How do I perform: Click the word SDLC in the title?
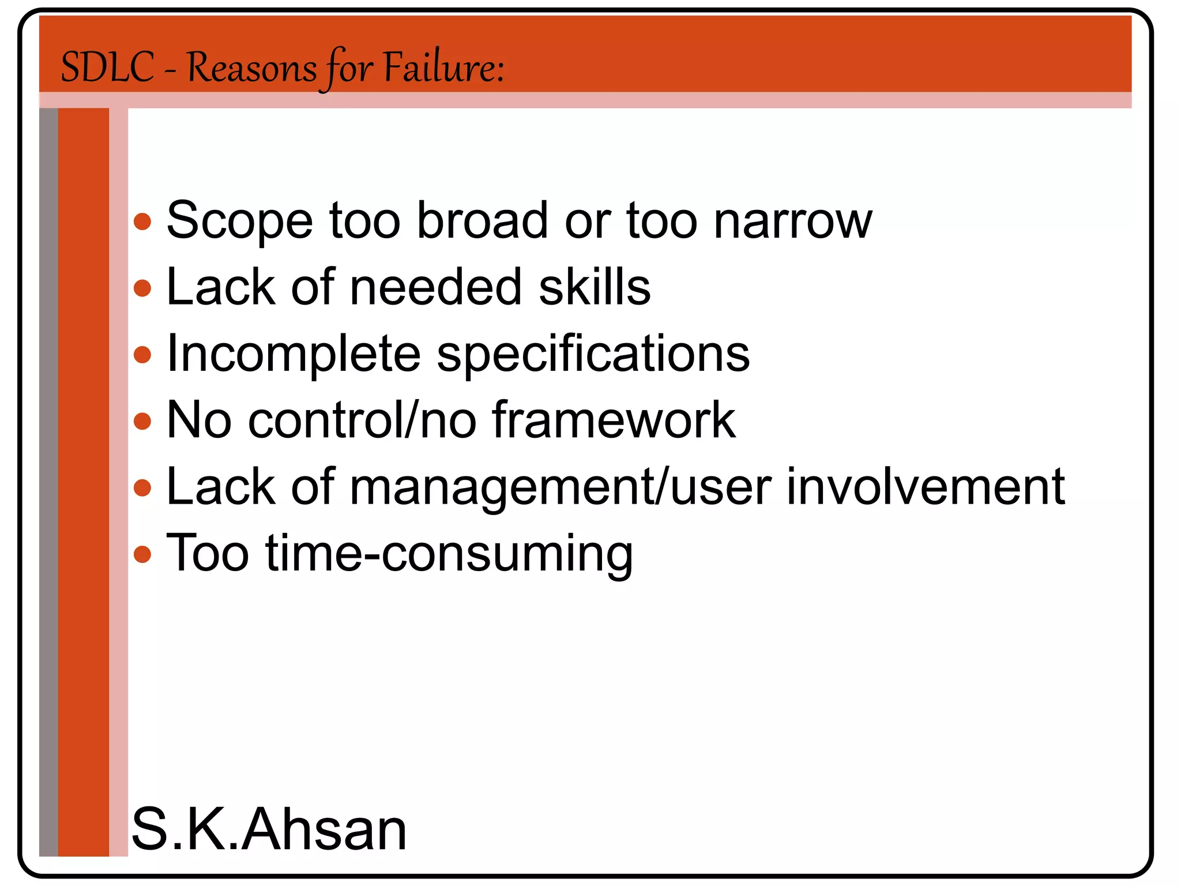[x=107, y=67]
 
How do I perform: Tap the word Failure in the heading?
[x=443, y=67]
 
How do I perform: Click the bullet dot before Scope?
[x=142, y=221]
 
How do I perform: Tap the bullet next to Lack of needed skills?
[x=142, y=288]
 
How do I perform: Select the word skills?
[x=595, y=287]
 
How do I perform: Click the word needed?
[x=436, y=287]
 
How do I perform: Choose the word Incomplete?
[x=294, y=354]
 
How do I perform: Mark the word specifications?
[x=593, y=354]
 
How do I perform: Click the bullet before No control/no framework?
[x=142, y=421]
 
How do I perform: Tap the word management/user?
[x=561, y=487]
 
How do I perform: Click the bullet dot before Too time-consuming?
[x=142, y=554]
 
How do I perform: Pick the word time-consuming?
[x=449, y=553]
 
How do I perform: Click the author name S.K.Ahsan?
[x=269, y=829]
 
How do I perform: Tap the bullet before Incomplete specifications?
[x=142, y=355]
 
